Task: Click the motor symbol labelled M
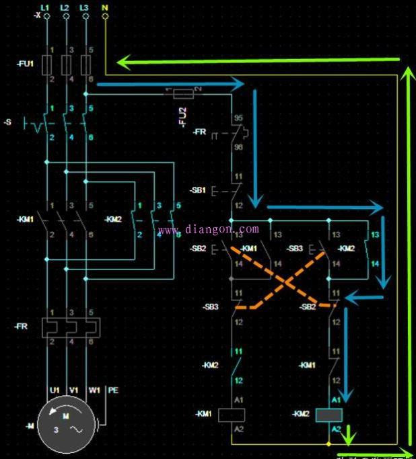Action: (x=65, y=425)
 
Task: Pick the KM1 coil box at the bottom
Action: (x=231, y=415)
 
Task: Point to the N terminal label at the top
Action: (x=105, y=6)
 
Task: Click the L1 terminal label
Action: (x=46, y=6)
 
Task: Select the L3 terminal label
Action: (x=84, y=6)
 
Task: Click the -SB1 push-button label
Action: (x=199, y=190)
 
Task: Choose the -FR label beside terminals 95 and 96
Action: (x=199, y=132)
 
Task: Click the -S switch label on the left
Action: (x=8, y=122)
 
